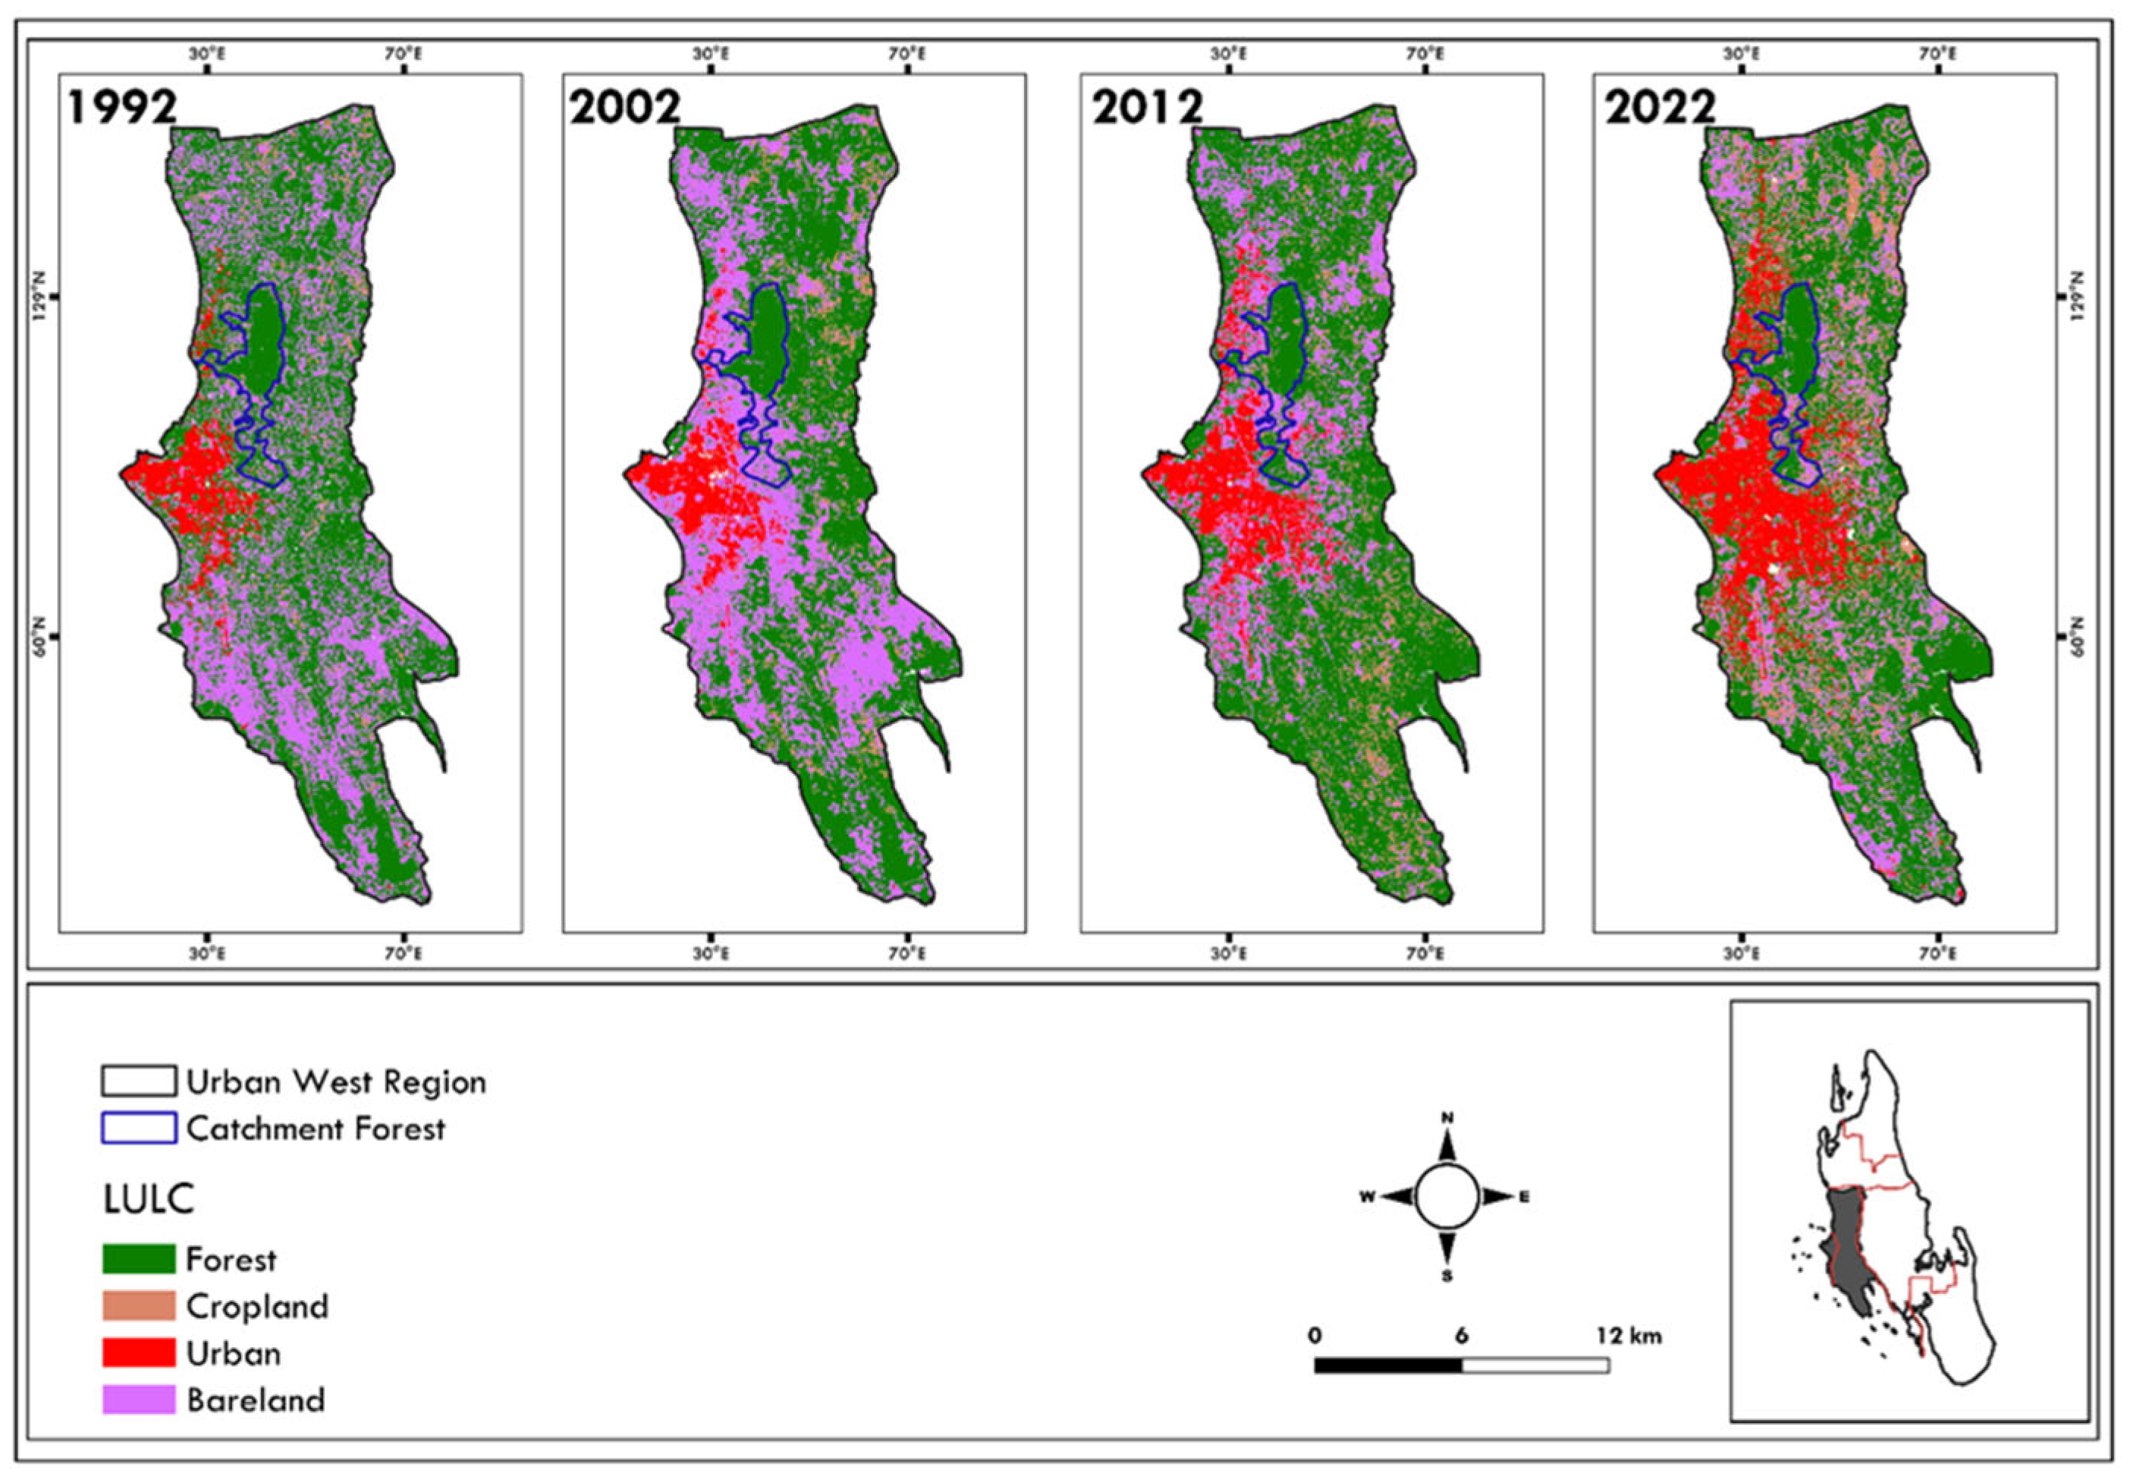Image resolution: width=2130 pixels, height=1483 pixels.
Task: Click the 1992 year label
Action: [x=121, y=108]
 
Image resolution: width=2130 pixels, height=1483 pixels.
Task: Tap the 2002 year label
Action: [x=624, y=108]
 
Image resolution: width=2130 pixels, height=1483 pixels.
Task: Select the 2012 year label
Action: [x=1147, y=108]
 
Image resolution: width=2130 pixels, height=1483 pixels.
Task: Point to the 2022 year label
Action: [x=1660, y=108]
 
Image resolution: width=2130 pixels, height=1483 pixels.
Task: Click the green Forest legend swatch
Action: [x=138, y=1259]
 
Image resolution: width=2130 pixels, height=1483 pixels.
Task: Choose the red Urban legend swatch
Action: [x=138, y=1353]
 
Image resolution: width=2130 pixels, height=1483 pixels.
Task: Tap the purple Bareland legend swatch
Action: [x=138, y=1400]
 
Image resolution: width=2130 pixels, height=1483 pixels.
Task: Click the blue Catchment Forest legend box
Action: [x=138, y=1129]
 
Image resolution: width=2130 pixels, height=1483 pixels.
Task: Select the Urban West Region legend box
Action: [x=138, y=1082]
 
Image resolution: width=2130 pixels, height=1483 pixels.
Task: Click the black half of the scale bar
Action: [x=1388, y=1365]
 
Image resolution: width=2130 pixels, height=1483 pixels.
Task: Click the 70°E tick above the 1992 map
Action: [x=402, y=54]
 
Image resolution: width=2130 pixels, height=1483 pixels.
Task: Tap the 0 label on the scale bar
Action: [x=1315, y=1337]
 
